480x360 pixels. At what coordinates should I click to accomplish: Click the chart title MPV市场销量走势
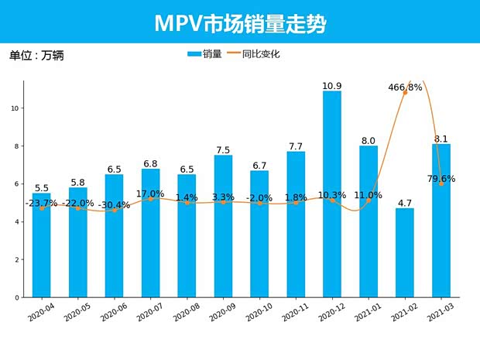point(240,22)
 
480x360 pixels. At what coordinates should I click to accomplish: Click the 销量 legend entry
point(205,54)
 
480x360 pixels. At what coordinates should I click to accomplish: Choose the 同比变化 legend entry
point(255,54)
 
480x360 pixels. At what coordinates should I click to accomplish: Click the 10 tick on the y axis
point(15,108)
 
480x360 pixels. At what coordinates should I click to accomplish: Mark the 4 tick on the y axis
point(16,222)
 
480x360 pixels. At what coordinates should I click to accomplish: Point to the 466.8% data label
point(405,87)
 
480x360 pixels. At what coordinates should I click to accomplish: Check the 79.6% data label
point(441,179)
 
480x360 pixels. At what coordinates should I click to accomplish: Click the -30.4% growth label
point(114,205)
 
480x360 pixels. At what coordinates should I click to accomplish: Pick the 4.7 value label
point(405,203)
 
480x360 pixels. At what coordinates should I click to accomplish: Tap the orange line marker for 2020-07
point(150,199)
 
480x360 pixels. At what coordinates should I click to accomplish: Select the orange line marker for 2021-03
point(441,184)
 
